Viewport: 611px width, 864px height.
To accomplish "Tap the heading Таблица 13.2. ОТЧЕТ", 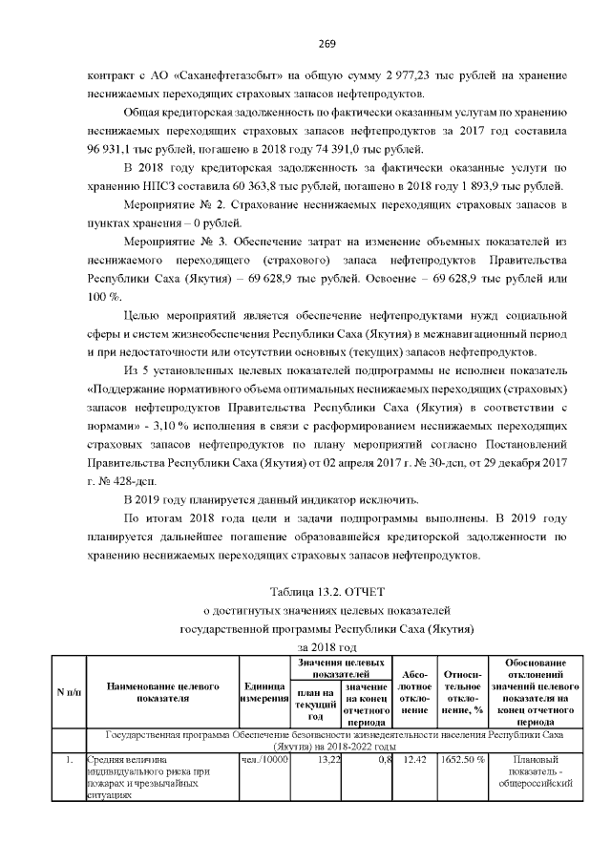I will (326, 591).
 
